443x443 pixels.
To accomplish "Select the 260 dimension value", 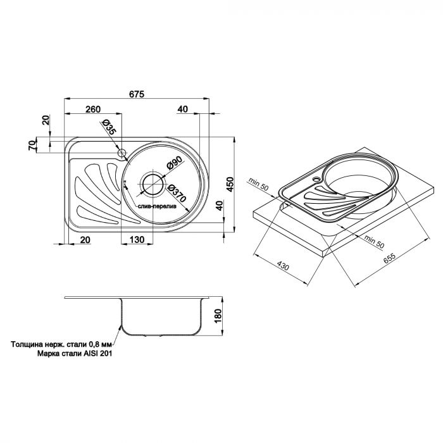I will [x=93, y=109].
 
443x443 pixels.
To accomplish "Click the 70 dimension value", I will [x=32, y=145].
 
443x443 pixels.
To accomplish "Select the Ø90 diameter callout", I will [x=175, y=165].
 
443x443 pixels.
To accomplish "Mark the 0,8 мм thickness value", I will [x=99, y=346].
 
